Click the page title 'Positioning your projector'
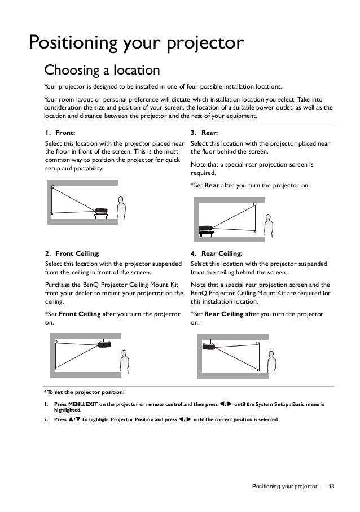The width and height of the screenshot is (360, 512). tap(137, 42)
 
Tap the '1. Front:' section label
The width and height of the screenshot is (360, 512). tap(60, 133)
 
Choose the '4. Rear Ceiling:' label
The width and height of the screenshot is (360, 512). tap(217, 254)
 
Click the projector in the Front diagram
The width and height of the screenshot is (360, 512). tap(102, 211)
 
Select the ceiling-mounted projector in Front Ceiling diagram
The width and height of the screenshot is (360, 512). tap(104, 344)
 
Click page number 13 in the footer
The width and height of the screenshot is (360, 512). tap(331, 486)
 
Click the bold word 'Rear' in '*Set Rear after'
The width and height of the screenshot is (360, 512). tap(212, 185)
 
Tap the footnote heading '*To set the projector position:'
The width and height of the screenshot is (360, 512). tap(84, 392)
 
